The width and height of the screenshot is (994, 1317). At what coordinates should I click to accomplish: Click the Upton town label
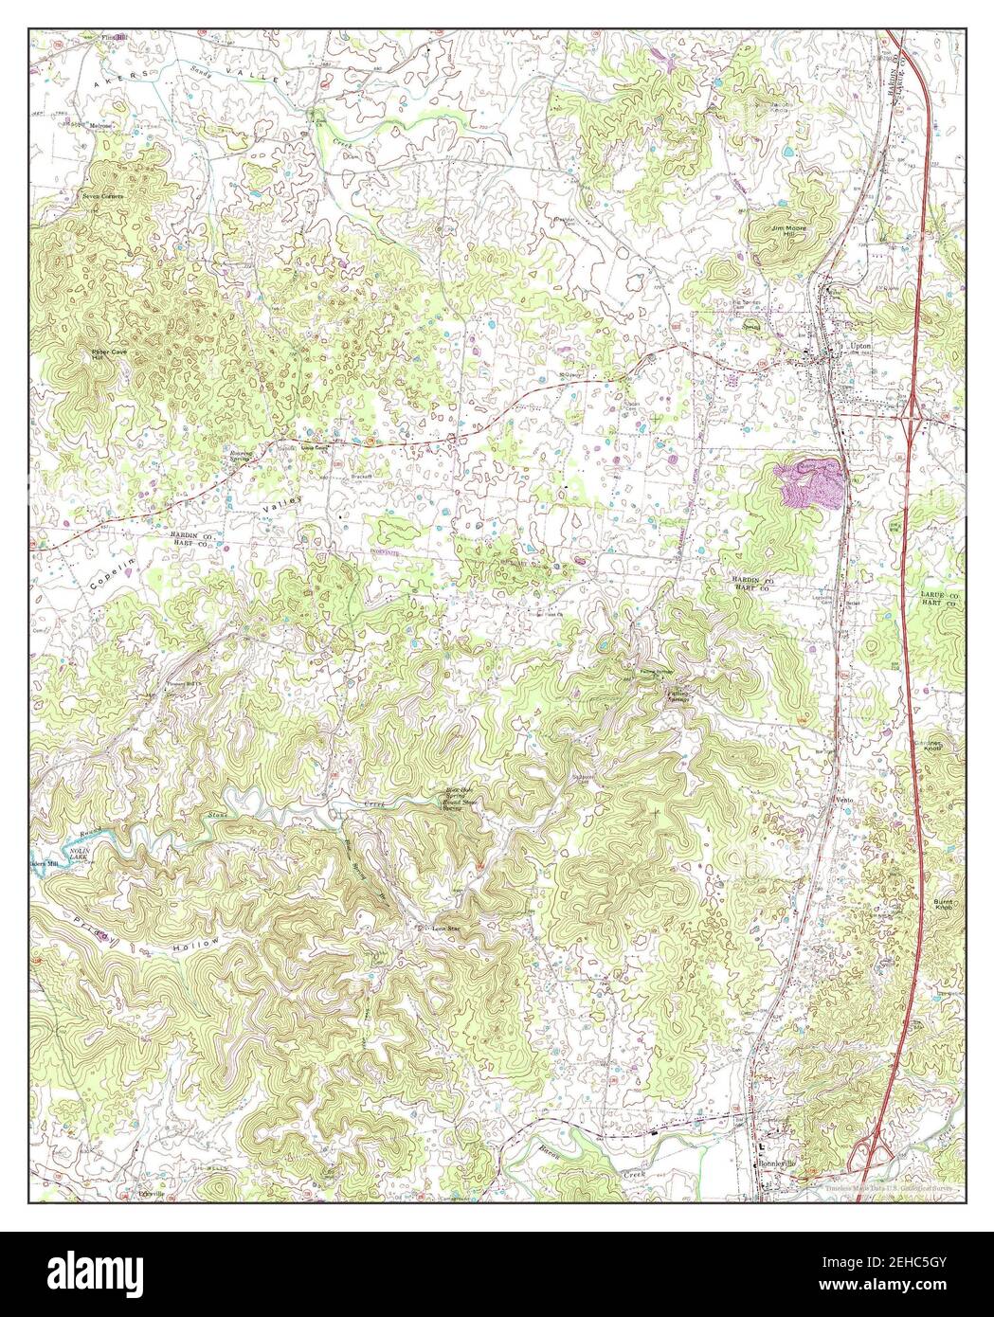(x=861, y=347)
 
